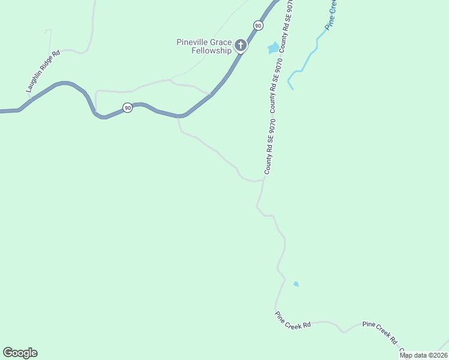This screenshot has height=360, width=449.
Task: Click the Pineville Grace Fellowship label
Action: [204, 46]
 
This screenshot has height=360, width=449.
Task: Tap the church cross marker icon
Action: [240, 45]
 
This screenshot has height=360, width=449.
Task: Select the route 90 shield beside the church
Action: [258, 25]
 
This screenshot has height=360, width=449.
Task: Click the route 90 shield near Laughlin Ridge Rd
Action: [127, 107]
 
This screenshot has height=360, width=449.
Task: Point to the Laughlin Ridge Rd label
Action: [44, 71]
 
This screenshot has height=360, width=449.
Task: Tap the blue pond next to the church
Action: [273, 47]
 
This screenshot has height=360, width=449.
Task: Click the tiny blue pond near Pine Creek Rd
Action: [296, 284]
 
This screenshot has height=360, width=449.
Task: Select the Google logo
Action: [20, 353]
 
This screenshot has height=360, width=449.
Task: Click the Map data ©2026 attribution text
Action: [423, 355]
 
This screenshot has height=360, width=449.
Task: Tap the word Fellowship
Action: [211, 51]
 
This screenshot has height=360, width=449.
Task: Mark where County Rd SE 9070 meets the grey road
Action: [264, 178]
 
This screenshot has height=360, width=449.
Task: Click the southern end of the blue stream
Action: [293, 89]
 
